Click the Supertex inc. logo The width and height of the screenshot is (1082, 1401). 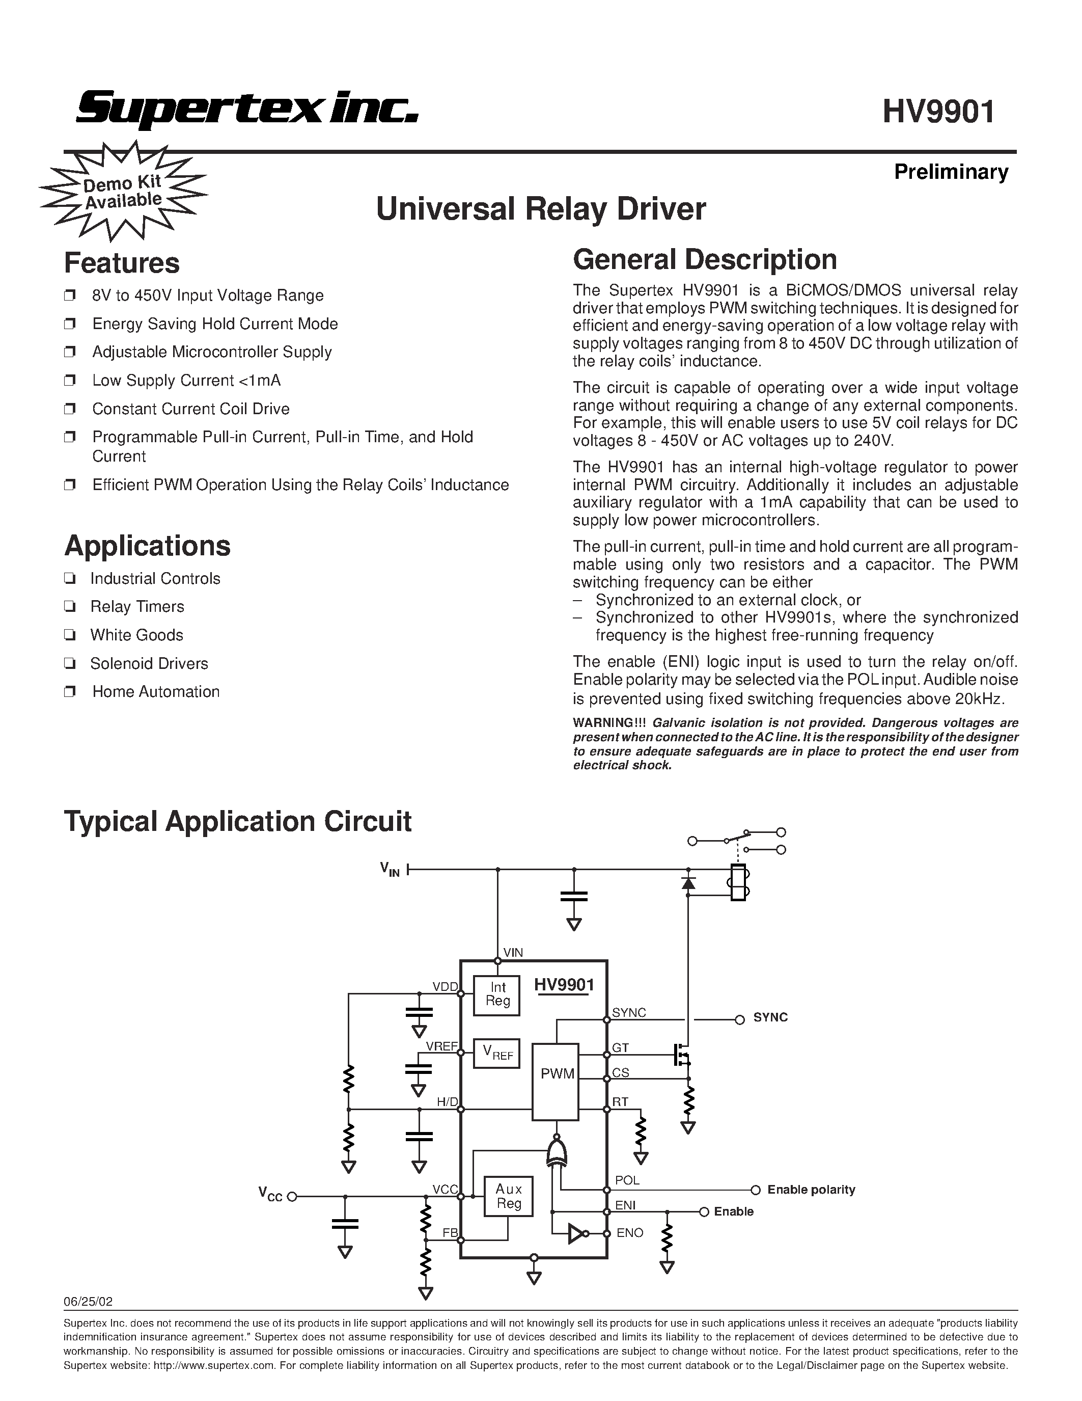tap(247, 108)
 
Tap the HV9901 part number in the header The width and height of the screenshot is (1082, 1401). tap(938, 112)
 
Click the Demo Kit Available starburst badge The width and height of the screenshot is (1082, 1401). tap(123, 192)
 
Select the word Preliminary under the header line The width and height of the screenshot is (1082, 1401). tap(951, 172)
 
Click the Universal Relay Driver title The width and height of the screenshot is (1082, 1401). tap(540, 209)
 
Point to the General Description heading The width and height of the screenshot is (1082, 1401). tap(705, 260)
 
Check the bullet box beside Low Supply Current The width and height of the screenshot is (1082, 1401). tap(70, 381)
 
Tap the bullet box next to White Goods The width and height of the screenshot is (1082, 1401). tap(70, 635)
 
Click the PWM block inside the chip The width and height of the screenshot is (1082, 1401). tap(557, 1074)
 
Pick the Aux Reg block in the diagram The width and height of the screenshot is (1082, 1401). tap(508, 1196)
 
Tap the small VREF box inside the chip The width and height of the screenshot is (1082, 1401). tap(496, 1054)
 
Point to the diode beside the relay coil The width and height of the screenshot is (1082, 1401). tap(688, 883)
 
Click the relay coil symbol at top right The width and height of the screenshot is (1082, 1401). tap(738, 882)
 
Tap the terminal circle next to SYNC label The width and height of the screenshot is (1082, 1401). tap(739, 1020)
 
